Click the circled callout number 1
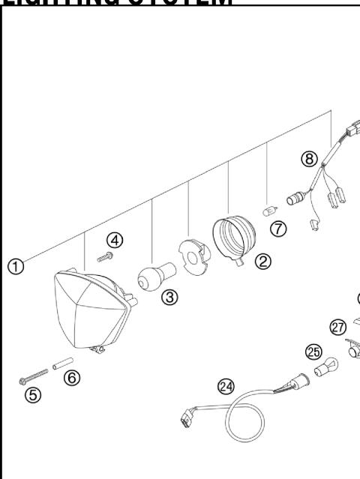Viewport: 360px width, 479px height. [14, 265]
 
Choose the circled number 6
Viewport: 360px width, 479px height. [71, 378]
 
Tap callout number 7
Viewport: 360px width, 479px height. [280, 229]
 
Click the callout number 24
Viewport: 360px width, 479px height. [225, 386]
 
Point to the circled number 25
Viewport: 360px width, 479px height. [313, 351]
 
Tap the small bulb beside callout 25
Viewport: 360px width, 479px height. [325, 369]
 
